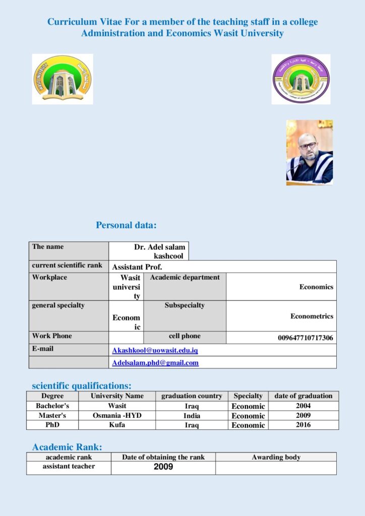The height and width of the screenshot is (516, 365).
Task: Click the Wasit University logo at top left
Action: pyautogui.click(x=63, y=79)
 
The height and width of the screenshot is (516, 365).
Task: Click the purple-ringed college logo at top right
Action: pyautogui.click(x=301, y=79)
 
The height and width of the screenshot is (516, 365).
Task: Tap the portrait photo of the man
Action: pyautogui.click(x=310, y=152)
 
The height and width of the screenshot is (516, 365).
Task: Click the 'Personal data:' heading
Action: pyautogui.click(x=126, y=225)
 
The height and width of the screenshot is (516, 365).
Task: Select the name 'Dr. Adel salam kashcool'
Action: pyautogui.click(x=160, y=251)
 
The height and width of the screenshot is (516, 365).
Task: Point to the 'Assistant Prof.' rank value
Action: pyautogui.click(x=137, y=267)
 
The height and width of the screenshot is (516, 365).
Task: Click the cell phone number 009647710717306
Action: pyautogui.click(x=306, y=338)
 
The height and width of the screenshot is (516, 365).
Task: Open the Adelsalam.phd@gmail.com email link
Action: pyautogui.click(x=155, y=362)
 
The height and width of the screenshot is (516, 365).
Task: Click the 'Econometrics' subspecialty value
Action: pyautogui.click(x=312, y=316)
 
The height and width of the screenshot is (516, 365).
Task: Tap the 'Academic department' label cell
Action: pyautogui.click(x=185, y=277)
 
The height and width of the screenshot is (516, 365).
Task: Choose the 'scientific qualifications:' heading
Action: pyautogui.click(x=82, y=386)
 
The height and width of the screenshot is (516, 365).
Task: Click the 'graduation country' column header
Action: pyautogui.click(x=192, y=396)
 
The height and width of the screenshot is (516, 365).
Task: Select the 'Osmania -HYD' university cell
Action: pyautogui.click(x=117, y=416)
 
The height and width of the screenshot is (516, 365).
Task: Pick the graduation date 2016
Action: pyautogui.click(x=303, y=425)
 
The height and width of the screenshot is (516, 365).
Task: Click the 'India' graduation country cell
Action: pyautogui.click(x=192, y=416)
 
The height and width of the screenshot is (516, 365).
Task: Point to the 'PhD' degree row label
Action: pyautogui.click(x=52, y=425)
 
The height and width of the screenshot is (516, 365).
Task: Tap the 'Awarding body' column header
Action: pyautogui.click(x=276, y=457)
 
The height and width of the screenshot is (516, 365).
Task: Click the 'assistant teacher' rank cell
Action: pyautogui.click(x=69, y=467)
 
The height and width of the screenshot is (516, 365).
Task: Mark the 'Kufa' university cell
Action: pyautogui.click(x=117, y=425)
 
